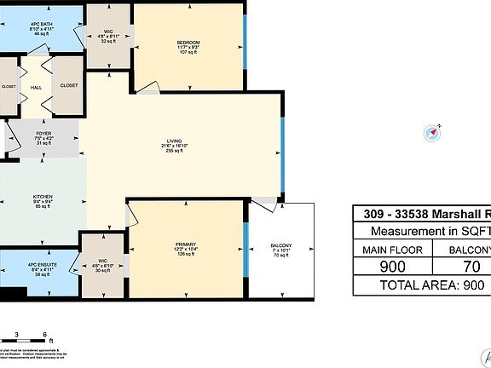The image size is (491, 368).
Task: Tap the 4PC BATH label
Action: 41,25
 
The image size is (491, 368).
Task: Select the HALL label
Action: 37,86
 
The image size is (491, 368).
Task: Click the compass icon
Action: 436,131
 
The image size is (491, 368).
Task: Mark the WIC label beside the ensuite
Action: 101,266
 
